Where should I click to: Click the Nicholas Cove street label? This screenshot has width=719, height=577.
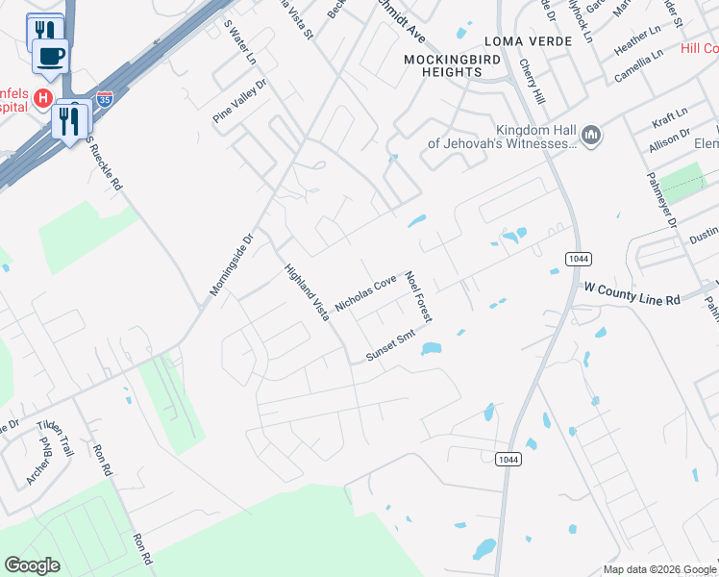pyautogui.click(x=365, y=293)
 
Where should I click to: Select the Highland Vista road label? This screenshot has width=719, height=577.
pyautogui.click(x=307, y=292)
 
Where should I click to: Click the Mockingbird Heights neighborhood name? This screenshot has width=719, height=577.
pyautogui.click(x=442, y=64)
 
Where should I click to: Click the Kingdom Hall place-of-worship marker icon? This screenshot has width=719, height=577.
pyautogui.click(x=591, y=137)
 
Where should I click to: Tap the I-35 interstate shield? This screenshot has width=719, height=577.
pyautogui.click(x=104, y=98)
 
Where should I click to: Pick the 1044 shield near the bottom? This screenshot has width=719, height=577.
pyautogui.click(x=510, y=460)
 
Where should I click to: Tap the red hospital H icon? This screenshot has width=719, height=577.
pyautogui.click(x=42, y=98)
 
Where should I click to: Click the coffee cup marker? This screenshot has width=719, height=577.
pyautogui.click(x=51, y=55)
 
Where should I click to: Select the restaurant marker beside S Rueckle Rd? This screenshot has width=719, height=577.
pyautogui.click(x=73, y=121)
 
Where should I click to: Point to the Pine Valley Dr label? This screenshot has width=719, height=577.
pyautogui.click(x=238, y=101)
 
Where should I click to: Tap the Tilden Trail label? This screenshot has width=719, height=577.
pyautogui.click(x=55, y=438)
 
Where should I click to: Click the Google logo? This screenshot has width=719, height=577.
pyautogui.click(x=33, y=565)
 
